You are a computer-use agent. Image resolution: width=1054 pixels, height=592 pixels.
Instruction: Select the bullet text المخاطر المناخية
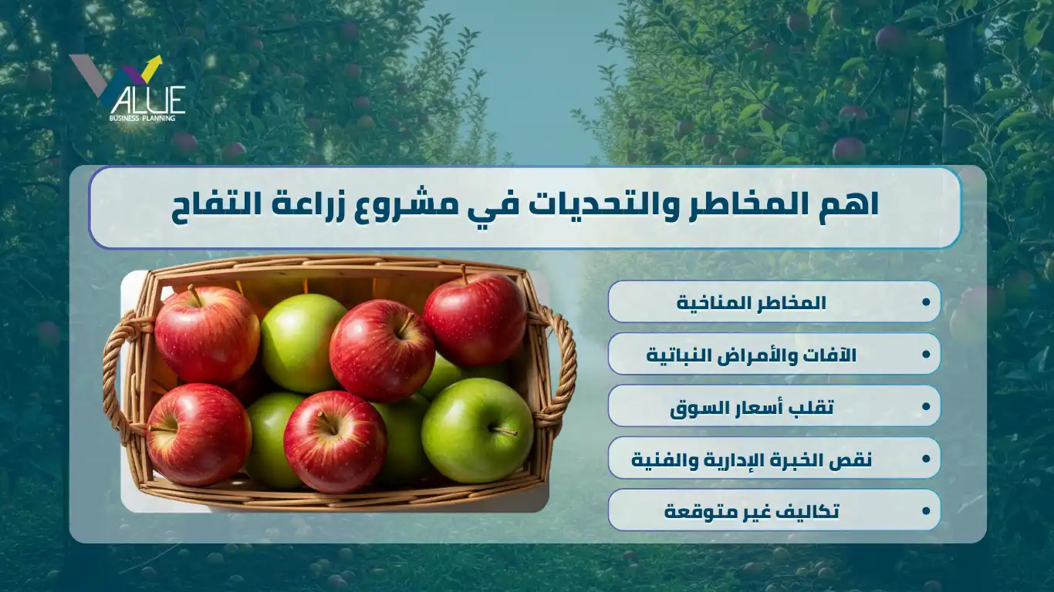(x=752, y=302)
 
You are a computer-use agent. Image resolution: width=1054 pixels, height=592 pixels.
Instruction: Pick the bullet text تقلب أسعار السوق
(x=752, y=407)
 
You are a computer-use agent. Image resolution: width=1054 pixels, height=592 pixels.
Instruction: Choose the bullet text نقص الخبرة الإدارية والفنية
(x=752, y=459)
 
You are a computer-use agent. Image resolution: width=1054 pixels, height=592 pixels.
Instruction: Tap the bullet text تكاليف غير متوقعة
(x=752, y=511)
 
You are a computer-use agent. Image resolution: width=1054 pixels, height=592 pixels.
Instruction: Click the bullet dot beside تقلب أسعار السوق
(x=926, y=406)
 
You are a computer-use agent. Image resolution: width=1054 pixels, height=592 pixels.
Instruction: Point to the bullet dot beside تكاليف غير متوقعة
(x=926, y=510)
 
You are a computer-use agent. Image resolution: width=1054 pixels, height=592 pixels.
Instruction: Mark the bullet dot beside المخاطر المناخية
(x=926, y=302)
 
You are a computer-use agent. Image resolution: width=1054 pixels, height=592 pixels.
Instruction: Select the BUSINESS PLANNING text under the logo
(x=142, y=118)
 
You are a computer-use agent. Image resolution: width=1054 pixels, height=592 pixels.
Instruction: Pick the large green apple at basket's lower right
(x=477, y=431)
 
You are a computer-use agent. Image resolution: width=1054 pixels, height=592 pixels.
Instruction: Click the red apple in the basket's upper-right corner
(x=475, y=319)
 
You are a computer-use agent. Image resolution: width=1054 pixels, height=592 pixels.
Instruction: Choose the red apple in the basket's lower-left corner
(x=198, y=435)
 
